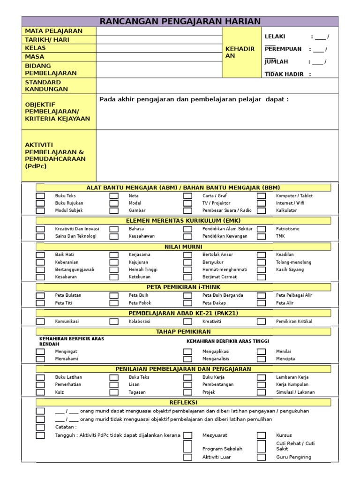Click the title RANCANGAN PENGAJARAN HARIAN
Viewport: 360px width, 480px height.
click(x=180, y=22)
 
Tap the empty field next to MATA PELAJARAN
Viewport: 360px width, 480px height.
click(x=159, y=31)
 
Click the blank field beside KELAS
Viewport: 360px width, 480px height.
click(x=159, y=48)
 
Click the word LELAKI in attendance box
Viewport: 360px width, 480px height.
click(x=275, y=37)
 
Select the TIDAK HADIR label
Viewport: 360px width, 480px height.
click(x=284, y=74)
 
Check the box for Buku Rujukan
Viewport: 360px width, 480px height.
click(x=41, y=203)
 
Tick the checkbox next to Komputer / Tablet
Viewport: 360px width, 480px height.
click(x=261, y=196)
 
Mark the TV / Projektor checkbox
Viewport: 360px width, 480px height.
click(x=187, y=203)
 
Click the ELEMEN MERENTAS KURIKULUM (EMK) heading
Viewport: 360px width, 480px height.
click(x=183, y=221)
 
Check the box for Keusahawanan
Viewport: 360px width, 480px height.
click(x=114, y=236)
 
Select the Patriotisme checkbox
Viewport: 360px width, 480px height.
click(x=261, y=229)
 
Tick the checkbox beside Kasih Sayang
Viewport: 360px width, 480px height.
click(x=261, y=270)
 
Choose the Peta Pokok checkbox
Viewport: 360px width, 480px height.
click(x=114, y=303)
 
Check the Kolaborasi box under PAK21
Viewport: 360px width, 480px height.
click(x=114, y=322)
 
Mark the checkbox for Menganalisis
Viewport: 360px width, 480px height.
click(x=187, y=359)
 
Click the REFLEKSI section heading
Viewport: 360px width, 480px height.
click(x=183, y=403)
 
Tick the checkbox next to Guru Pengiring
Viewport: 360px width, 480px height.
click(x=261, y=457)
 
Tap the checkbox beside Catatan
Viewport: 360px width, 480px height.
click(x=41, y=427)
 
